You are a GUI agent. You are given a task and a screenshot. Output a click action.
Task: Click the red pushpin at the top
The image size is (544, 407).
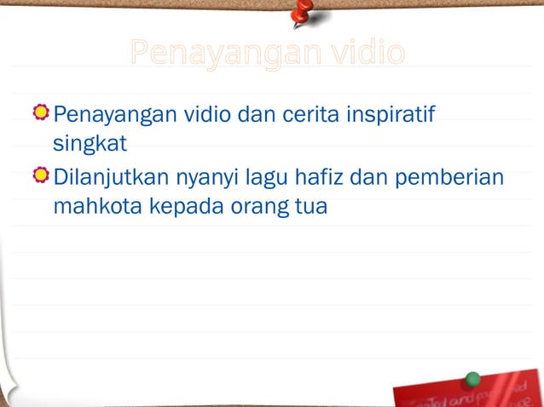click(x=301, y=13)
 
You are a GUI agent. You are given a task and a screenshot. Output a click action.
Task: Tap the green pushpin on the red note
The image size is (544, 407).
click(x=472, y=379)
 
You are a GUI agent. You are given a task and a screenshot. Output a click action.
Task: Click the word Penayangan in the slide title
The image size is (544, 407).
click(x=217, y=54)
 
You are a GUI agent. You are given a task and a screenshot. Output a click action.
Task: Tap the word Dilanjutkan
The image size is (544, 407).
click(x=112, y=179)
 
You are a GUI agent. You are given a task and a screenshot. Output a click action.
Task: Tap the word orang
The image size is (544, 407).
click(x=248, y=208)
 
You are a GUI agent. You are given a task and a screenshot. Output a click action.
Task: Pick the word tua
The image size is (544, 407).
click(x=310, y=206)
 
